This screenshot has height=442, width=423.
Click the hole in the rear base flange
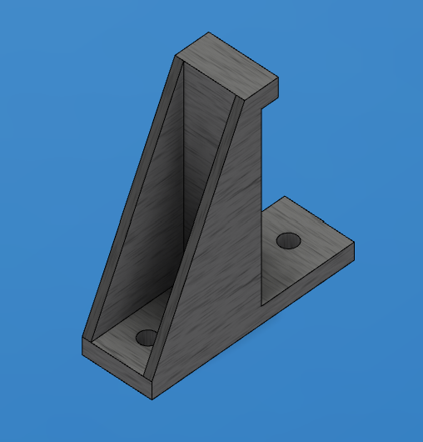click(x=289, y=241)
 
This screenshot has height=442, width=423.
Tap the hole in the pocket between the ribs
click(x=147, y=338)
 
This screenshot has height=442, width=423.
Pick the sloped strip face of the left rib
click(x=132, y=192)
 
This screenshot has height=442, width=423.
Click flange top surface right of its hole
click(x=321, y=246)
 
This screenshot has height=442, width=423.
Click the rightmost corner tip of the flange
click(x=354, y=243)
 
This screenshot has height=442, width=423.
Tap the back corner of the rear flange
click(x=286, y=197)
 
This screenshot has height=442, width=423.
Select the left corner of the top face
click(x=175, y=56)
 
